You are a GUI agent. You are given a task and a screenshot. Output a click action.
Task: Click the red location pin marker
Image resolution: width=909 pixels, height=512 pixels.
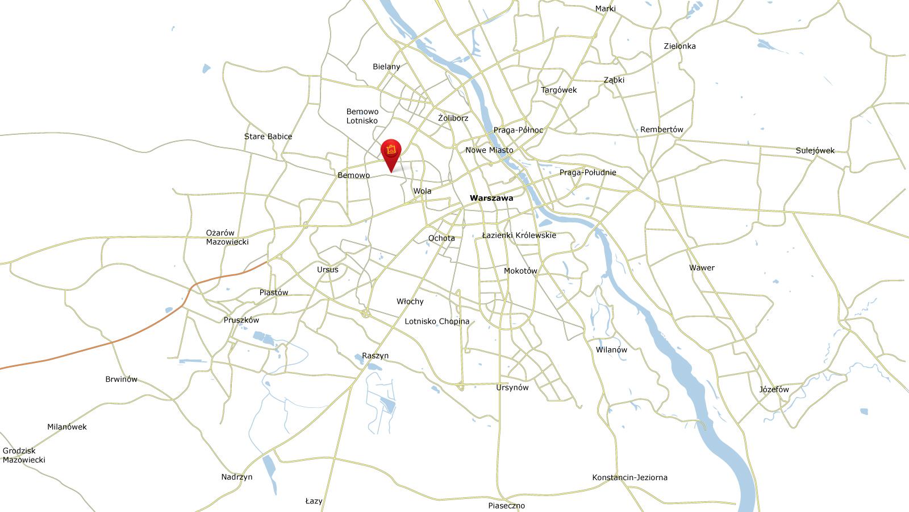coord(391,151)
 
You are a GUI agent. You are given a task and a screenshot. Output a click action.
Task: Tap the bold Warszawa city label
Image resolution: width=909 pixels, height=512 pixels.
coord(491,198)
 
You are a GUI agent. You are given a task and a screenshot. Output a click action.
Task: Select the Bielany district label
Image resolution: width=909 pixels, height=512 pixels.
coord(386,67)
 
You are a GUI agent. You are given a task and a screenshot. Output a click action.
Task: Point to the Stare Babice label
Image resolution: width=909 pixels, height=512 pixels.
coord(268,137)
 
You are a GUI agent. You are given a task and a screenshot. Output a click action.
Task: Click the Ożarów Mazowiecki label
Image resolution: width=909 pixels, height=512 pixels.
coord(227,237)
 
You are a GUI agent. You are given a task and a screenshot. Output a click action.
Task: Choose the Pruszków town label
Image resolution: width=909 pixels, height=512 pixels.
coord(241,320)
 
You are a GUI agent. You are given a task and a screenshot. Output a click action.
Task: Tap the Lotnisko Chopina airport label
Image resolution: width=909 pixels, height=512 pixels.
coord(437,321)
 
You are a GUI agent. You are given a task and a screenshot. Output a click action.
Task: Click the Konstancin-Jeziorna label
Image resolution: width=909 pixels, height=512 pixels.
coord(629,477)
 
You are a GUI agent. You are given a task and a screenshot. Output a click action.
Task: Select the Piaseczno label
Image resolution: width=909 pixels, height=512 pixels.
coord(506,505)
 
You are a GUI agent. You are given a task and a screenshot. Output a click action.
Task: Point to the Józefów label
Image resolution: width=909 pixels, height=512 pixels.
coord(774,390)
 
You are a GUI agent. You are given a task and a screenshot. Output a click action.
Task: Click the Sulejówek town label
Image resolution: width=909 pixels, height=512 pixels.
coord(815,151)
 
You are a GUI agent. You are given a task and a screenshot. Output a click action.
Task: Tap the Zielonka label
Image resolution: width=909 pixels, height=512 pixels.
coord(679,46)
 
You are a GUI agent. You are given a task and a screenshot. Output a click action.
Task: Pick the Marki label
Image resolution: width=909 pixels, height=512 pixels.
coord(605,9)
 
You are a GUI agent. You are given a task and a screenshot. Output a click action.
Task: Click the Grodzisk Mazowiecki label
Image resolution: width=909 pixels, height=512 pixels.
coord(24,455)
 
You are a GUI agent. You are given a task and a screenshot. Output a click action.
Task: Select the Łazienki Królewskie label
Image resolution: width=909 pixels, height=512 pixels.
coord(519,235)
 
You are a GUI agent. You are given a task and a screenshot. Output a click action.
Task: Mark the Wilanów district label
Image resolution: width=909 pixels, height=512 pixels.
coord(611,350)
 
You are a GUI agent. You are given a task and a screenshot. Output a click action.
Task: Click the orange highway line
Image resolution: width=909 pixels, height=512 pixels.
coord(114,342)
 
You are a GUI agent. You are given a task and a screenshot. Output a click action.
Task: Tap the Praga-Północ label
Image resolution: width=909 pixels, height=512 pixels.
coord(518,130)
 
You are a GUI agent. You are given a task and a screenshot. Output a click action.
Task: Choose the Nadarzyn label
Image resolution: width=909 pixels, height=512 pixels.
coord(237,477)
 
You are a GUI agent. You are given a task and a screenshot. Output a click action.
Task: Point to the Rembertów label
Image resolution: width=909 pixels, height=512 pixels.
coord(661,130)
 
